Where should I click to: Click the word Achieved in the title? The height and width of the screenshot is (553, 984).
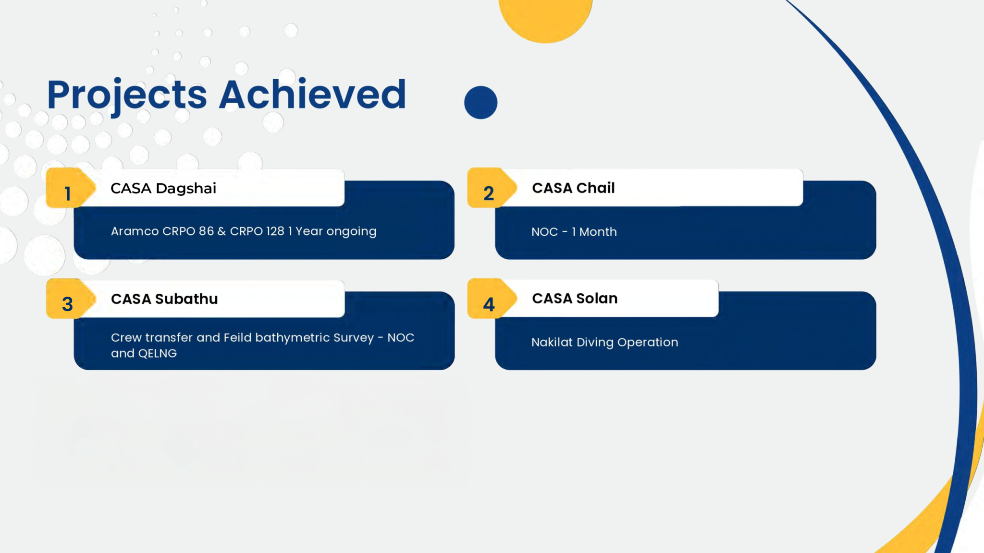pyautogui.click(x=313, y=94)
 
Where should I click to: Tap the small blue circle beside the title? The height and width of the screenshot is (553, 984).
pyautogui.click(x=480, y=102)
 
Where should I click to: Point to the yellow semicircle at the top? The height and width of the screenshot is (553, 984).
pyautogui.click(x=545, y=19)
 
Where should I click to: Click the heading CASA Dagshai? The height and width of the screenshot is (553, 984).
pyautogui.click(x=163, y=189)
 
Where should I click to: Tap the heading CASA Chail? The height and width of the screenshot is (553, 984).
pyautogui.click(x=573, y=188)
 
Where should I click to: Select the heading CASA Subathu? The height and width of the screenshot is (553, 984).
pyautogui.click(x=164, y=299)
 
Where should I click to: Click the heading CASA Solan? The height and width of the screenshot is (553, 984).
pyautogui.click(x=575, y=298)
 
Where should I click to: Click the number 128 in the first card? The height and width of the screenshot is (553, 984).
pyautogui.click(x=275, y=231)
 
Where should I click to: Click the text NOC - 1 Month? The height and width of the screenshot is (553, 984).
pyautogui.click(x=574, y=232)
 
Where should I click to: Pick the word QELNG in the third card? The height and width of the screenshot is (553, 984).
pyautogui.click(x=157, y=353)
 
